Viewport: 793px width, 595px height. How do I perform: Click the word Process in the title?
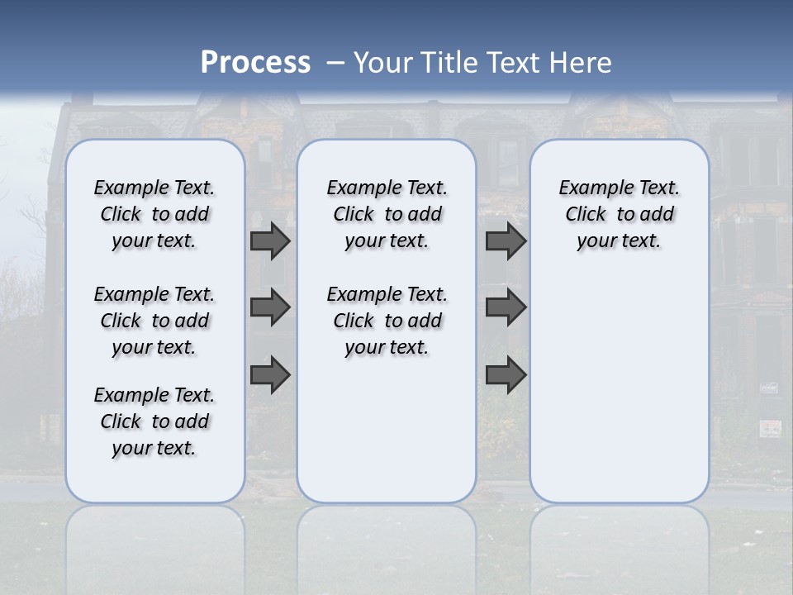(x=255, y=63)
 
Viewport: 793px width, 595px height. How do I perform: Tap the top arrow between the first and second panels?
(x=270, y=241)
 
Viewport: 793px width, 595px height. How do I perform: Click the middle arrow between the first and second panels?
(x=270, y=307)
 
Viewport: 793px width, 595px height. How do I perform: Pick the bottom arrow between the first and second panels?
(x=270, y=375)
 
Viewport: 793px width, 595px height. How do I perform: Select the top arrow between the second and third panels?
(x=506, y=241)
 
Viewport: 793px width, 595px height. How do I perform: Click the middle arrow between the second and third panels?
(x=506, y=307)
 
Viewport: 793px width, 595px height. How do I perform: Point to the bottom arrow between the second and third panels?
(x=506, y=375)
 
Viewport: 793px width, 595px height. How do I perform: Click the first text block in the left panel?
(x=154, y=214)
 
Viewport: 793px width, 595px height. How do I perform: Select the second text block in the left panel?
(x=154, y=321)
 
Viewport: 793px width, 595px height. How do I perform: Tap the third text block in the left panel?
(x=154, y=421)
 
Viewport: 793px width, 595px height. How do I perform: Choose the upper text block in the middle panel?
(x=387, y=214)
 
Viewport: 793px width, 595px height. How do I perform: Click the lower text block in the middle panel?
(x=387, y=321)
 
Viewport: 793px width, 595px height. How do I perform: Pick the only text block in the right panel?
(x=620, y=214)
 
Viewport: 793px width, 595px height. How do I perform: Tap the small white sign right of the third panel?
(x=770, y=427)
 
